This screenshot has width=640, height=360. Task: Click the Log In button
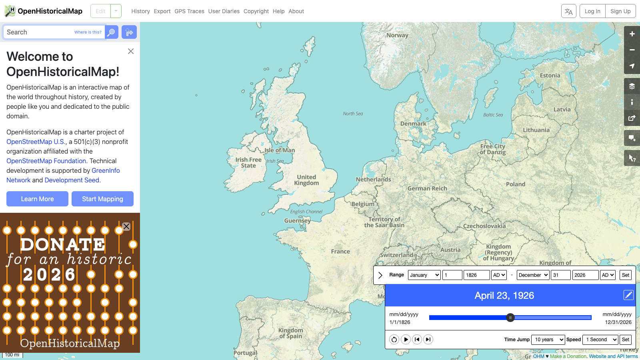coord(592,11)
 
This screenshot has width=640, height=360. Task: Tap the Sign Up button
coord(620,11)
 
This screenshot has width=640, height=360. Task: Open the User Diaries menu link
coord(224,11)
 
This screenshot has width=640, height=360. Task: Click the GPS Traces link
coord(189,11)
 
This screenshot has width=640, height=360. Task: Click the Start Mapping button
coord(102,199)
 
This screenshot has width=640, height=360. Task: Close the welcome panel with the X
coord(131,51)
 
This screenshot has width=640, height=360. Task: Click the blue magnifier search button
coord(112,32)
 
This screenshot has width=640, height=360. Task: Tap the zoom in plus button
coord(632,34)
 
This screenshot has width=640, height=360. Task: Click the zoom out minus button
coord(632,50)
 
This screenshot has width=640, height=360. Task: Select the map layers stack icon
coord(632,86)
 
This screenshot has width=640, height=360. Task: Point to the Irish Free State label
coord(248,162)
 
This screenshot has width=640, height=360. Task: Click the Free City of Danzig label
coord(493,149)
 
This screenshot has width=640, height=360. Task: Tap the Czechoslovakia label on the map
coord(484,226)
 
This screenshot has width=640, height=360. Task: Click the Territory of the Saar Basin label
coord(384,222)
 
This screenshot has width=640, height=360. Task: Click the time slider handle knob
coord(510,318)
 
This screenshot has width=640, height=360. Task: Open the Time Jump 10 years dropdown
coord(548,340)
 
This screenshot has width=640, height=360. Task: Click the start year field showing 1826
coord(476,275)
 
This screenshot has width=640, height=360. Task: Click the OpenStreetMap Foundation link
coord(46,161)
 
